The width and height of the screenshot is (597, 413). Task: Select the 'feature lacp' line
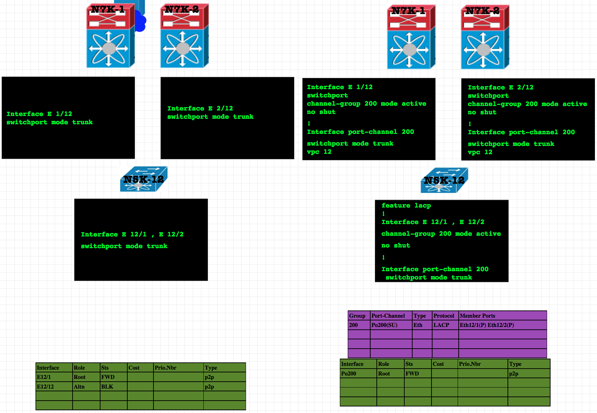[406, 205]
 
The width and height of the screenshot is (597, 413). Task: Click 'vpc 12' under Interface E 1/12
[319, 152]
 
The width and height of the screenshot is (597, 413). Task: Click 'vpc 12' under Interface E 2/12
[480, 152]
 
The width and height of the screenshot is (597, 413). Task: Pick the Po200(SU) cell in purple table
[384, 325]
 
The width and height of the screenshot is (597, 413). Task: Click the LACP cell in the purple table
[441, 325]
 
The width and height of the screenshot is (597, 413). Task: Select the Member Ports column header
[477, 316]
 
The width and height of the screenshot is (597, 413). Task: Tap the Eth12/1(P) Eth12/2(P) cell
[487, 325]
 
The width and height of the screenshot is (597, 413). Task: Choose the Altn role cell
[79, 386]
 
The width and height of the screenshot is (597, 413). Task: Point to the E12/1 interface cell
[44, 377]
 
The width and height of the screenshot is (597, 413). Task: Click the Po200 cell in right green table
[349, 373]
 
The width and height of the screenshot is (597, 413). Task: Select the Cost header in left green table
[134, 368]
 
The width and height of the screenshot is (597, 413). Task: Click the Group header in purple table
[357, 316]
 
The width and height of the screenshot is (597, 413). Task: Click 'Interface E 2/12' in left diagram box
[200, 108]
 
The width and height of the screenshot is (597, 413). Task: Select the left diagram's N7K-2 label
[181, 10]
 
